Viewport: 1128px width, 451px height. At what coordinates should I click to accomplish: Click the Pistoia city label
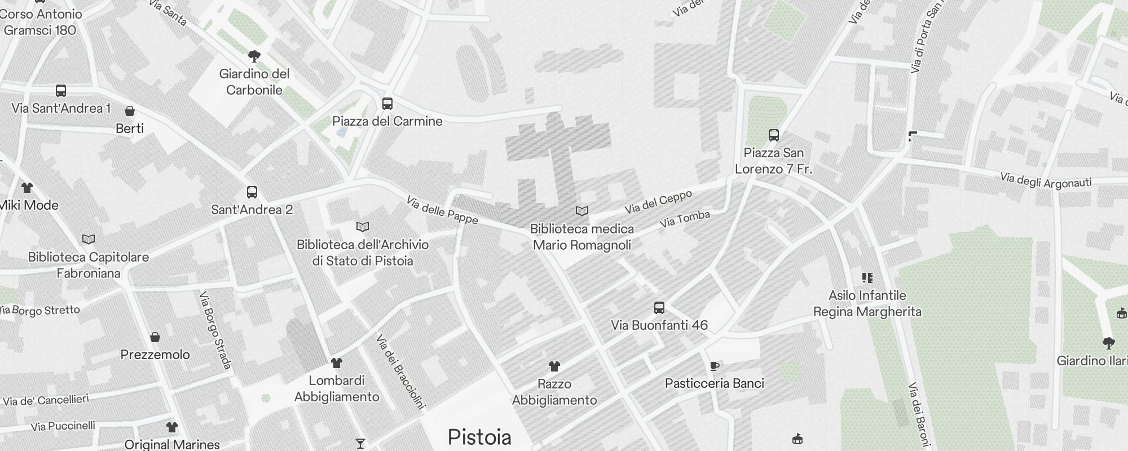coord(479,437)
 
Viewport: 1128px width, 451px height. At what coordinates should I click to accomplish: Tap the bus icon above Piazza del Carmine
coord(387,104)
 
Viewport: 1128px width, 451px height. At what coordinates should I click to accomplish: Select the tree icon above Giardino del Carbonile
coord(254,56)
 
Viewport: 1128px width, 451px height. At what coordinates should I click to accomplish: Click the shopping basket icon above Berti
coord(130,111)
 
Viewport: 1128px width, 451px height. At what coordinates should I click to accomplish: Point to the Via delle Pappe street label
coord(442,210)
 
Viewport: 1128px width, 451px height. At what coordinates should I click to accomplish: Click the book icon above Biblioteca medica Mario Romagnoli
coord(581,211)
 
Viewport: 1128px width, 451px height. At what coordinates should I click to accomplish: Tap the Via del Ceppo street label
coord(658,202)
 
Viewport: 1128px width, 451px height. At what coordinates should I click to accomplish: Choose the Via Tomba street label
coord(685,219)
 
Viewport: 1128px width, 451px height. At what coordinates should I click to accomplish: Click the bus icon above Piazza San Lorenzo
coord(773,135)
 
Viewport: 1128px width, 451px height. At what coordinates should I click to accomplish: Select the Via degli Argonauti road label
coord(1046,181)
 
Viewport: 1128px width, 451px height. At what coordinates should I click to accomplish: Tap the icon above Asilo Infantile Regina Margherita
coord(867,277)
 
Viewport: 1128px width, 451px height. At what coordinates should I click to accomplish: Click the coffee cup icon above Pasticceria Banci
coord(714,366)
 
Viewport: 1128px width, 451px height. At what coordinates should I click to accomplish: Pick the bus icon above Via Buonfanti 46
coord(659,308)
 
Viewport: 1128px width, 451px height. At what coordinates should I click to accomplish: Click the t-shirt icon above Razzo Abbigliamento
coord(554,366)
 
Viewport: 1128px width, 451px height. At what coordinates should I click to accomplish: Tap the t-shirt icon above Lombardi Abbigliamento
coord(336,362)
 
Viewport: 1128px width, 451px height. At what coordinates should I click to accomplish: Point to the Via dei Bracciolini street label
coord(400,371)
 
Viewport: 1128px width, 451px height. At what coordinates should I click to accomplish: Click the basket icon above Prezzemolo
coord(155,337)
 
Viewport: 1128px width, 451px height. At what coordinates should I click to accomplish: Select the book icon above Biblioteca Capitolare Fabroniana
coord(89,239)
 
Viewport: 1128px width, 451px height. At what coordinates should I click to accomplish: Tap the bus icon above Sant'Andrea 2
coord(252,192)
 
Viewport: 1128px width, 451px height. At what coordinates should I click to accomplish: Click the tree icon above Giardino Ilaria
coord(1108,343)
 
